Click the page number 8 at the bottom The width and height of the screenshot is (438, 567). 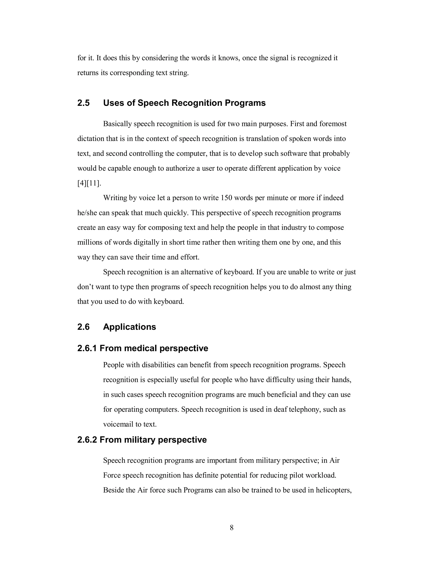[232, 527]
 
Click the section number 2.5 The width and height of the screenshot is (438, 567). [83, 103]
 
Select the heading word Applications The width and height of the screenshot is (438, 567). [129, 327]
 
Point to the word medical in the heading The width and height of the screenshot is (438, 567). [141, 348]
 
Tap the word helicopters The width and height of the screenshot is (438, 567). [334, 490]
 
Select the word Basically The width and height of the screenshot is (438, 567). [117, 124]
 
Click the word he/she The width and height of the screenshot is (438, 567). [87, 213]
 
